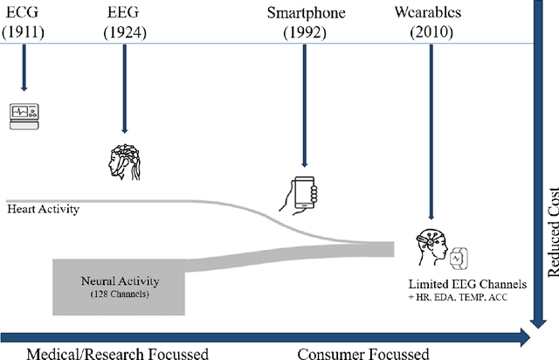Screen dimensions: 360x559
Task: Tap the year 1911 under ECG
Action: (25, 32)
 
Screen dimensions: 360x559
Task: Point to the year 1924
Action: (126, 32)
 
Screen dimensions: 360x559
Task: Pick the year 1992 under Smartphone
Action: (306, 32)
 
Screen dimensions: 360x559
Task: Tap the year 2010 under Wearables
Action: (430, 32)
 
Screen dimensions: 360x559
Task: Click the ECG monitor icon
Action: (25, 115)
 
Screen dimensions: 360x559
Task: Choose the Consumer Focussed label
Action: (362, 353)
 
